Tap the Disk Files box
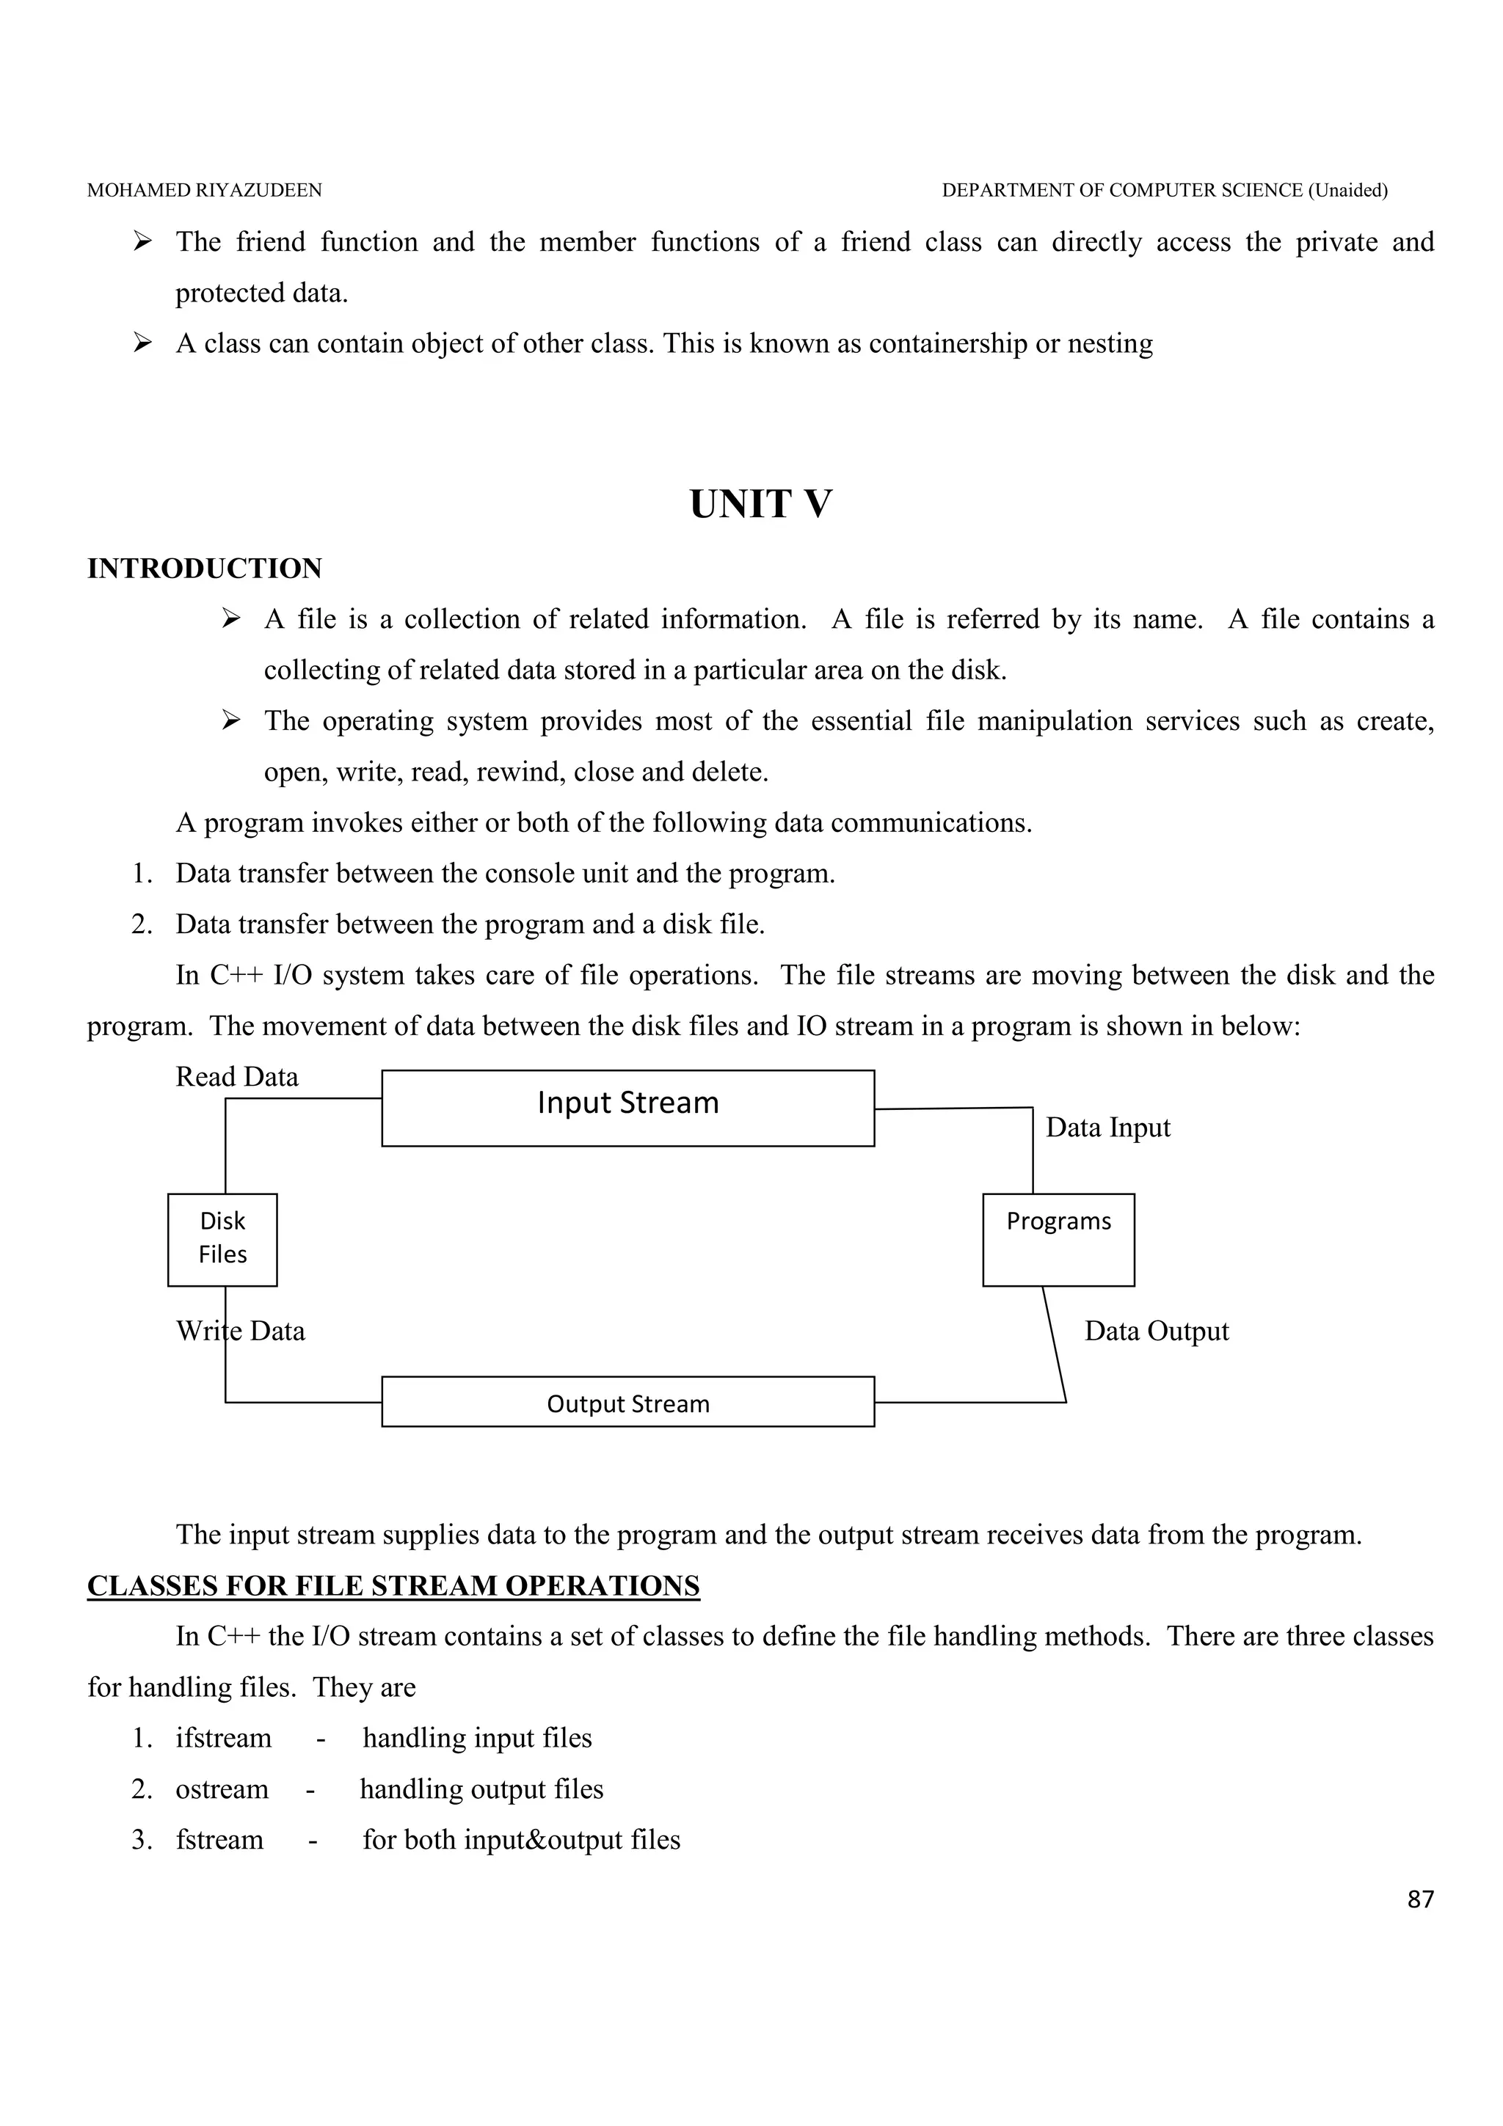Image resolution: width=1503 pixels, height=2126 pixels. coord(222,1239)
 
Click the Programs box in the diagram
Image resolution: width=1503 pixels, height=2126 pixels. coord(1058,1239)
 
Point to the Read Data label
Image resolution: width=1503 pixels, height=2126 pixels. coord(237,1077)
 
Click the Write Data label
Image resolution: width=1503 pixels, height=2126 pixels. coord(241,1332)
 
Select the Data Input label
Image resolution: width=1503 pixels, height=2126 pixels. coord(1107,1128)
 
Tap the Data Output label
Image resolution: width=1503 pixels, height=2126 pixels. coord(1156,1332)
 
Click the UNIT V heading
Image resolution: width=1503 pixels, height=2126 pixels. coord(760,505)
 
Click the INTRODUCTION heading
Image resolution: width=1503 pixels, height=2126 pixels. coord(205,569)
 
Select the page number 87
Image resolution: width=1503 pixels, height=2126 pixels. coord(1419,1900)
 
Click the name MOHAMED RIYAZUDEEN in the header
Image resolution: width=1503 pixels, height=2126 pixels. coord(205,191)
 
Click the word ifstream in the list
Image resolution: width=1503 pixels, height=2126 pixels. coord(223,1738)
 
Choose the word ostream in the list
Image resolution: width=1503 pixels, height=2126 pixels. coord(222,1789)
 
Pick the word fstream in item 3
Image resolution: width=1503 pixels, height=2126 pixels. coord(219,1840)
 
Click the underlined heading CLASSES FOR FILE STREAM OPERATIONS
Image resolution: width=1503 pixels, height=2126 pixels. coord(393,1586)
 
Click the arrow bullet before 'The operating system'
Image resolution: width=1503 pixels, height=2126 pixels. coord(231,720)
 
